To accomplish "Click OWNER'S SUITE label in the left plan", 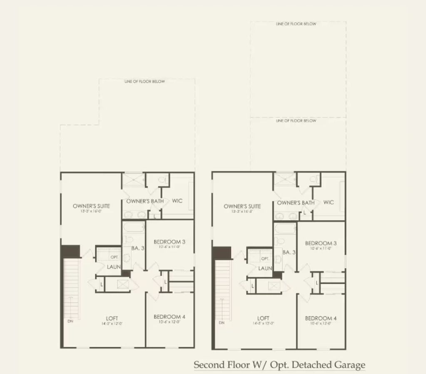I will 91,206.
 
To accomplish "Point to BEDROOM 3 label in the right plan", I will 321,243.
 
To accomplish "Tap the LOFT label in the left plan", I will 112,318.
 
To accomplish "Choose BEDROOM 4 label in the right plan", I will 321,319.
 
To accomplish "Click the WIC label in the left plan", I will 177,201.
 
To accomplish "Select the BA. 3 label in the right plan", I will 289,252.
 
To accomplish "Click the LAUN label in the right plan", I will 265,269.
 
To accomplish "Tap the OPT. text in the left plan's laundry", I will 114,257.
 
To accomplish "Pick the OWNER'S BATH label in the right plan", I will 296,203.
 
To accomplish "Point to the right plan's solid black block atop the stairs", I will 222,252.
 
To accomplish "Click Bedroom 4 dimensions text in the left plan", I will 169,322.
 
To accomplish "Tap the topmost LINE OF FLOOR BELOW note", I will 296,24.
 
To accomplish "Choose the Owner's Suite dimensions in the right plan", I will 242,212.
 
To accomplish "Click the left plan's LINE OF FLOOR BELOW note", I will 144,82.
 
